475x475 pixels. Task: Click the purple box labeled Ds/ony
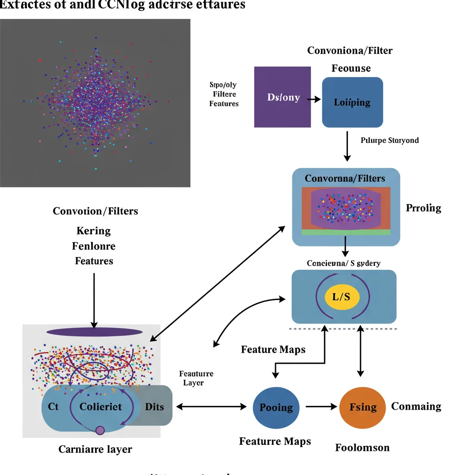point(282,97)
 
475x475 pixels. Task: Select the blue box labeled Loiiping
point(353,102)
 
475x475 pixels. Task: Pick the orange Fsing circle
point(363,407)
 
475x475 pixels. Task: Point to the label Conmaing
point(416,406)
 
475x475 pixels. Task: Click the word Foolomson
point(362,448)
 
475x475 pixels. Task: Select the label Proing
point(424,208)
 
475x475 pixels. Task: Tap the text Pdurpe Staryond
point(390,140)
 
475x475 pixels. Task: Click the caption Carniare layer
point(95,449)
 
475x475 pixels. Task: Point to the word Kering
point(94,231)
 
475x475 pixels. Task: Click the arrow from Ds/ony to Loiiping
point(316,99)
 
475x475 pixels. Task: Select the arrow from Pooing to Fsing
point(321,407)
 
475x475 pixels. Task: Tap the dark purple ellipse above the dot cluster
point(94,332)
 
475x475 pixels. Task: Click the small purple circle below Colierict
point(100,430)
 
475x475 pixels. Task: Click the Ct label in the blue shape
point(53,407)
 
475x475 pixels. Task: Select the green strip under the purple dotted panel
point(346,232)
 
